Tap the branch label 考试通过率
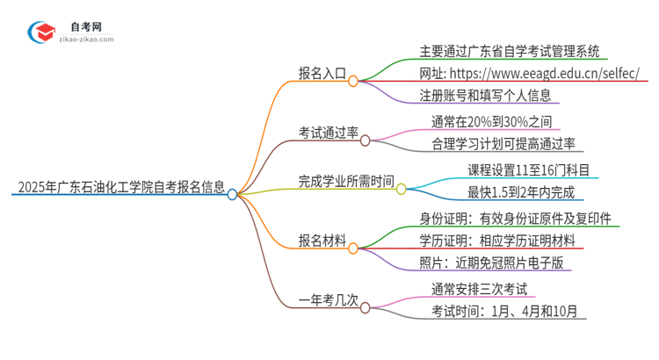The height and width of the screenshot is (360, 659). [x=327, y=133]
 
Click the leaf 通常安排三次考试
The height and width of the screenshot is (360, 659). [x=479, y=288]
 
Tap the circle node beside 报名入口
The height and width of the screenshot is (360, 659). [x=353, y=81]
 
